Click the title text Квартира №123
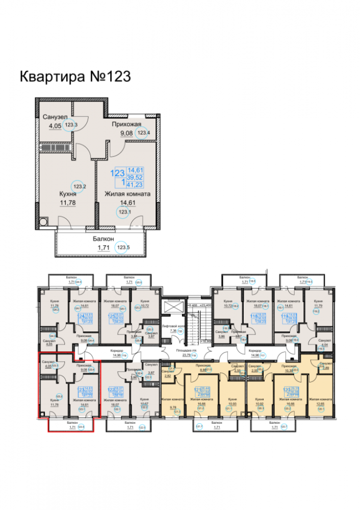(75, 76)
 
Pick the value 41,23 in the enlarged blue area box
(135, 184)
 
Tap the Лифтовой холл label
(172, 325)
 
